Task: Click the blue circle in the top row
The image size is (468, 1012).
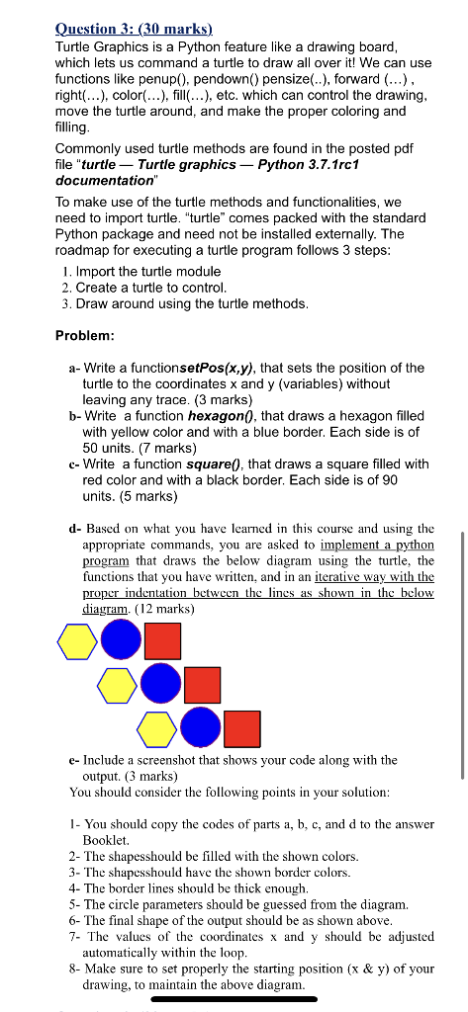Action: tap(121, 639)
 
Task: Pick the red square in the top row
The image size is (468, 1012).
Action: tap(163, 639)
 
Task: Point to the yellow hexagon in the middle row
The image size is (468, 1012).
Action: tap(117, 684)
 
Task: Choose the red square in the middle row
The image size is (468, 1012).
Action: tap(203, 684)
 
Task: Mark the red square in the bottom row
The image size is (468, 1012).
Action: tap(242, 729)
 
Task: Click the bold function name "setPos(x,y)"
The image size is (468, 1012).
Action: tap(212, 368)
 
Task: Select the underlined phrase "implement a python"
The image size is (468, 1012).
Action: tap(377, 545)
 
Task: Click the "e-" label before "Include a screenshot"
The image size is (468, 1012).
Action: tap(75, 760)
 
